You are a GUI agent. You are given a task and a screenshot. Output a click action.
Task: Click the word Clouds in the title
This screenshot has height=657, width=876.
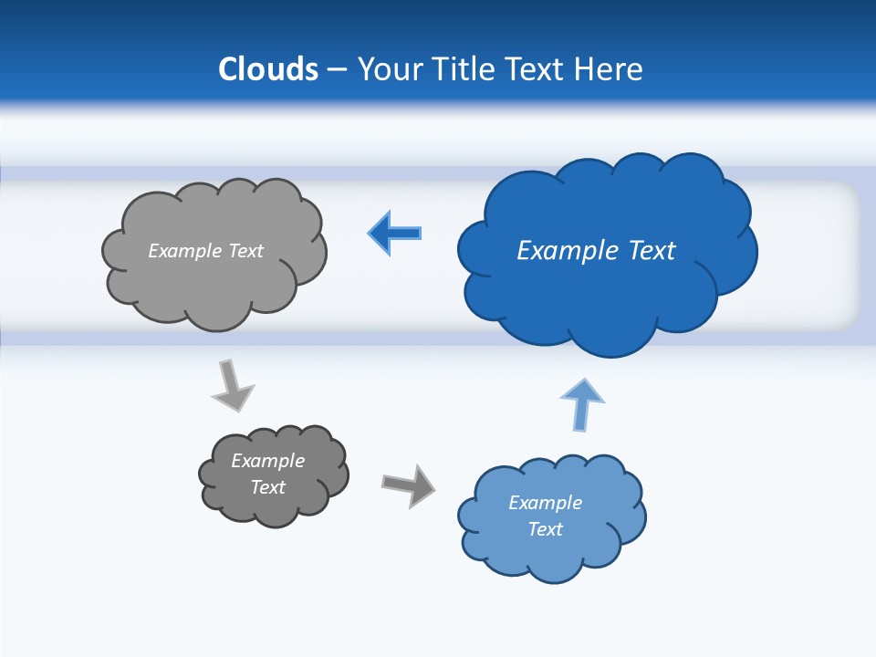coord(268,68)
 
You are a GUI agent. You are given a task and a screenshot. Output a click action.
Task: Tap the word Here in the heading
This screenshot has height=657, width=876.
coord(609,68)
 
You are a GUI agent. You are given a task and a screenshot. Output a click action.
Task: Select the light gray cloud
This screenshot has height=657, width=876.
coord(214,283)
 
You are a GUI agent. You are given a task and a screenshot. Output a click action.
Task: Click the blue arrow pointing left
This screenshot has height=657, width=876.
coord(394,234)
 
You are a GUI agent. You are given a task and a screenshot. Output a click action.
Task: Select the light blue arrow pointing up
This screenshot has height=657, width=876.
coord(582,403)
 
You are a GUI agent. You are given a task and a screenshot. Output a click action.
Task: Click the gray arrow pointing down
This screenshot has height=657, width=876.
coord(232,385)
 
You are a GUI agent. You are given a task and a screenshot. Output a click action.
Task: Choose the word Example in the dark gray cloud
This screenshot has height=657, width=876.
coord(267,461)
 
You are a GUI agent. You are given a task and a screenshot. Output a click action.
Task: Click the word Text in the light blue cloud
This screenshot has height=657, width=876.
coord(545,529)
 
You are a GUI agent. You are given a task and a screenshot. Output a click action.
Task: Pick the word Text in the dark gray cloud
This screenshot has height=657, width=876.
coord(267,487)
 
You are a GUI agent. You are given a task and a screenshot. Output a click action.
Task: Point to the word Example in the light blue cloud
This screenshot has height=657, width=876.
coord(545,503)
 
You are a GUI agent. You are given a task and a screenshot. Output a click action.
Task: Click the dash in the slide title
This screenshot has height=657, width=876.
coord(338,68)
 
